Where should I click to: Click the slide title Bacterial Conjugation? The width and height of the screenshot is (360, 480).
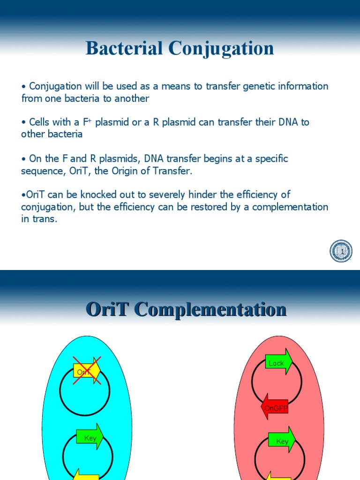180,49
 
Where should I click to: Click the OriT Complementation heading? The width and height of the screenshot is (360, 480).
186,310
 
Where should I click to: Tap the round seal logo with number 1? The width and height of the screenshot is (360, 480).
341,251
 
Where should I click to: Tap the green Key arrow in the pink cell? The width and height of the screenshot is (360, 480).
282,440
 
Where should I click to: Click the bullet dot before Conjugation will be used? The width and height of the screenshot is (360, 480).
23,87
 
